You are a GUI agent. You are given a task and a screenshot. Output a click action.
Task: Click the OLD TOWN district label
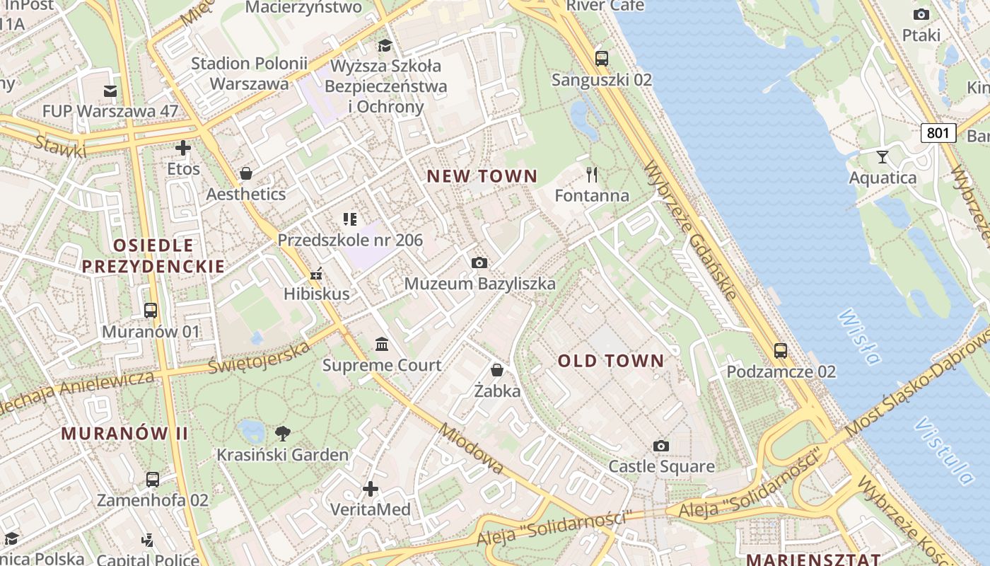tap(611, 361)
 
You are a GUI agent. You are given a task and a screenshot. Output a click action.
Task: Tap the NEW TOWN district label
tap(482, 176)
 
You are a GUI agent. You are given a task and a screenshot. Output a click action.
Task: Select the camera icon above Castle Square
tap(661, 446)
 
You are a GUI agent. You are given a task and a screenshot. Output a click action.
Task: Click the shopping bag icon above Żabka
tap(497, 370)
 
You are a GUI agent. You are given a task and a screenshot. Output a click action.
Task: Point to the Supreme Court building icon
tap(382, 345)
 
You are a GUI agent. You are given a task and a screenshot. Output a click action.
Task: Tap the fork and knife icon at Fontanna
tap(592, 174)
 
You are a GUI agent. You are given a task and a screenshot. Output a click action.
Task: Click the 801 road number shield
tap(938, 132)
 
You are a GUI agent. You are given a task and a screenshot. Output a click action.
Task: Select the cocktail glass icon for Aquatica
tap(882, 156)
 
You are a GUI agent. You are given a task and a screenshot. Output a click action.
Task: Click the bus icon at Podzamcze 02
tap(781, 350)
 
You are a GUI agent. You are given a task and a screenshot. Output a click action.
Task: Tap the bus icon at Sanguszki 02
tap(602, 59)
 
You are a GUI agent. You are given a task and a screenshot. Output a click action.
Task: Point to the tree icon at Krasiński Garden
tap(282, 433)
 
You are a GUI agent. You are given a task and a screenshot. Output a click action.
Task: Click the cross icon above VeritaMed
tap(370, 489)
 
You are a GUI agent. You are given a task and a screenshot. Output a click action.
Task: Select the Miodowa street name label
tap(470, 449)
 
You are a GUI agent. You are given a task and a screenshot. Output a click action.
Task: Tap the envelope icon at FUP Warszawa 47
tap(110, 91)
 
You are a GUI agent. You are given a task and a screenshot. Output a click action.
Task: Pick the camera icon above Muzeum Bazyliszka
tap(479, 263)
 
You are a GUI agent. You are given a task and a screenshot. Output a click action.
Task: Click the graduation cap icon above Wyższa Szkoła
tap(385, 46)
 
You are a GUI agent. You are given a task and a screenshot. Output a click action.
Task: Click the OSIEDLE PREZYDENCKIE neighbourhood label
tap(153, 256)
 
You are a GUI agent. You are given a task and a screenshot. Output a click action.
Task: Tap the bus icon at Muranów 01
tap(151, 310)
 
